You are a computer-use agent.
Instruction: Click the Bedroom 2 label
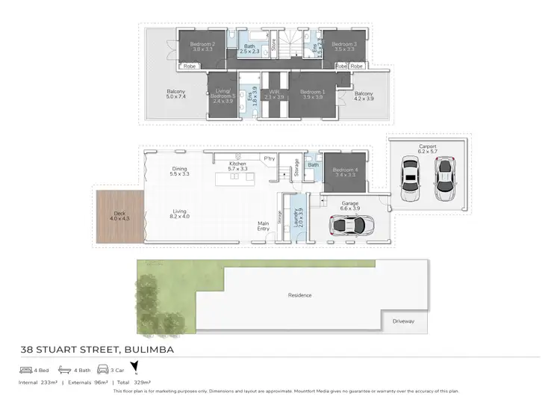202,45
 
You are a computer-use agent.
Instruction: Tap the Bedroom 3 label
344,45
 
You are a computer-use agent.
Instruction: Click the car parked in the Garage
348,224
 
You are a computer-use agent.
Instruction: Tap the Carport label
428,148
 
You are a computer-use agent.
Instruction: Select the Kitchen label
237,165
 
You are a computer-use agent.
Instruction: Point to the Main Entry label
264,226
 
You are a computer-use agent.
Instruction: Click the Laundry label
299,219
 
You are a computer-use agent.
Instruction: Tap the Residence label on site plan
299,295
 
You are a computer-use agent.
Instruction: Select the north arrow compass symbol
135,368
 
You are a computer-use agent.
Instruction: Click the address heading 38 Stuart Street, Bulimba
101,349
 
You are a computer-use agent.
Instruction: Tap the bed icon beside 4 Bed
25,369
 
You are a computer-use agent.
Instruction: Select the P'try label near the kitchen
270,158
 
